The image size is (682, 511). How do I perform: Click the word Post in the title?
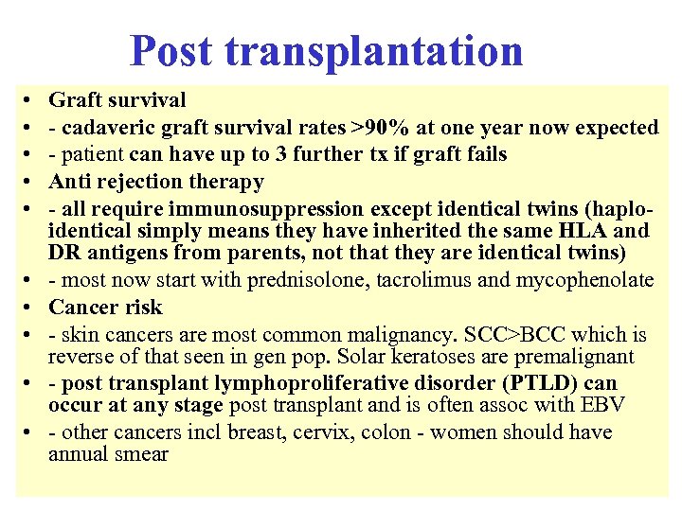tap(170, 50)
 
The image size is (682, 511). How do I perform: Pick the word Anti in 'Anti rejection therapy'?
tap(68, 181)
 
